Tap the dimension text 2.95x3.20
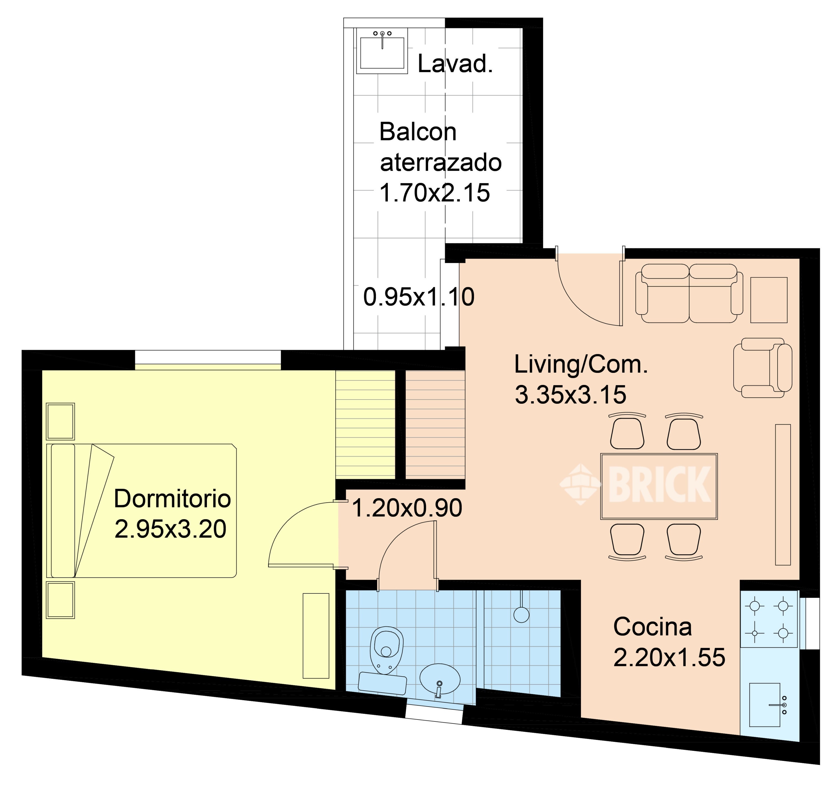(x=170, y=529)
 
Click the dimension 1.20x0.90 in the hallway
(x=407, y=508)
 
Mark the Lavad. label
(x=455, y=64)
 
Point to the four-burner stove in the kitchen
(x=769, y=619)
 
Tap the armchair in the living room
(x=763, y=368)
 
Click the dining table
(x=659, y=486)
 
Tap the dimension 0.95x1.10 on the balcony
(x=419, y=297)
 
